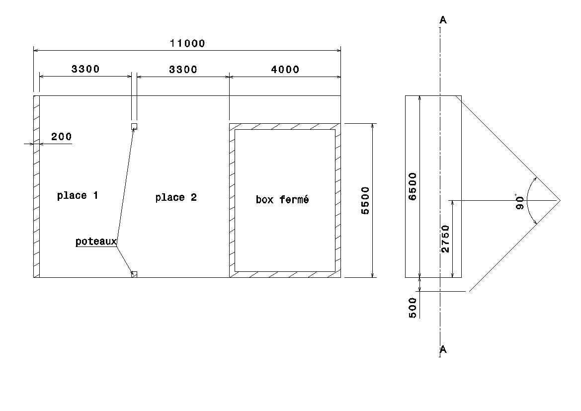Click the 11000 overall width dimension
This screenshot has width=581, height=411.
coord(187,43)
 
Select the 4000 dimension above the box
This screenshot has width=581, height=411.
coord(285,69)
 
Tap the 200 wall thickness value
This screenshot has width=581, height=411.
coord(61,137)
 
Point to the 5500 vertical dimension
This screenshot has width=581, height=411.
coord(365,200)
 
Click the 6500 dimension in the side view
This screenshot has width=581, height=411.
coord(412,186)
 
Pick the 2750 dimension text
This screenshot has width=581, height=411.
coord(445,239)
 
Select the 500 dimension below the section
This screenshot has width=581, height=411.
coord(413,308)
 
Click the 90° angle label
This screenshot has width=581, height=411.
coord(520,201)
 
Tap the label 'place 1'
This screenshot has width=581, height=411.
coord(78,196)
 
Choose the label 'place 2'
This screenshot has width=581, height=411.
coord(176,197)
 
